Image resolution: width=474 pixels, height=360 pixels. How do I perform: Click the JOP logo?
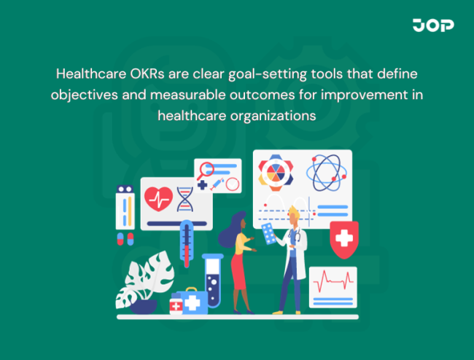point(433,26)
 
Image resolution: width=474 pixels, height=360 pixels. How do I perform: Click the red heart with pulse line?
point(158,197)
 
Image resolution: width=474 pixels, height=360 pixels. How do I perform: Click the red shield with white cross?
point(343,238)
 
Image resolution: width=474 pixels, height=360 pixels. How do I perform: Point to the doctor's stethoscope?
point(295,237)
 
